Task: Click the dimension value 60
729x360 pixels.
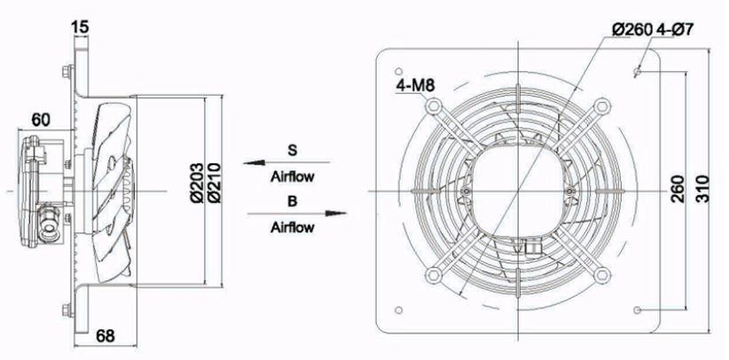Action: [41, 118]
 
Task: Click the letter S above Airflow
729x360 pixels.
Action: [292, 150]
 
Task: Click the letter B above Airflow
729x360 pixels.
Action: [292, 200]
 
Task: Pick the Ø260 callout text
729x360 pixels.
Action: [632, 29]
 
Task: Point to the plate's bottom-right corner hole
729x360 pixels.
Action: [639, 309]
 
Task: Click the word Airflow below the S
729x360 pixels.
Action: [292, 176]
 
